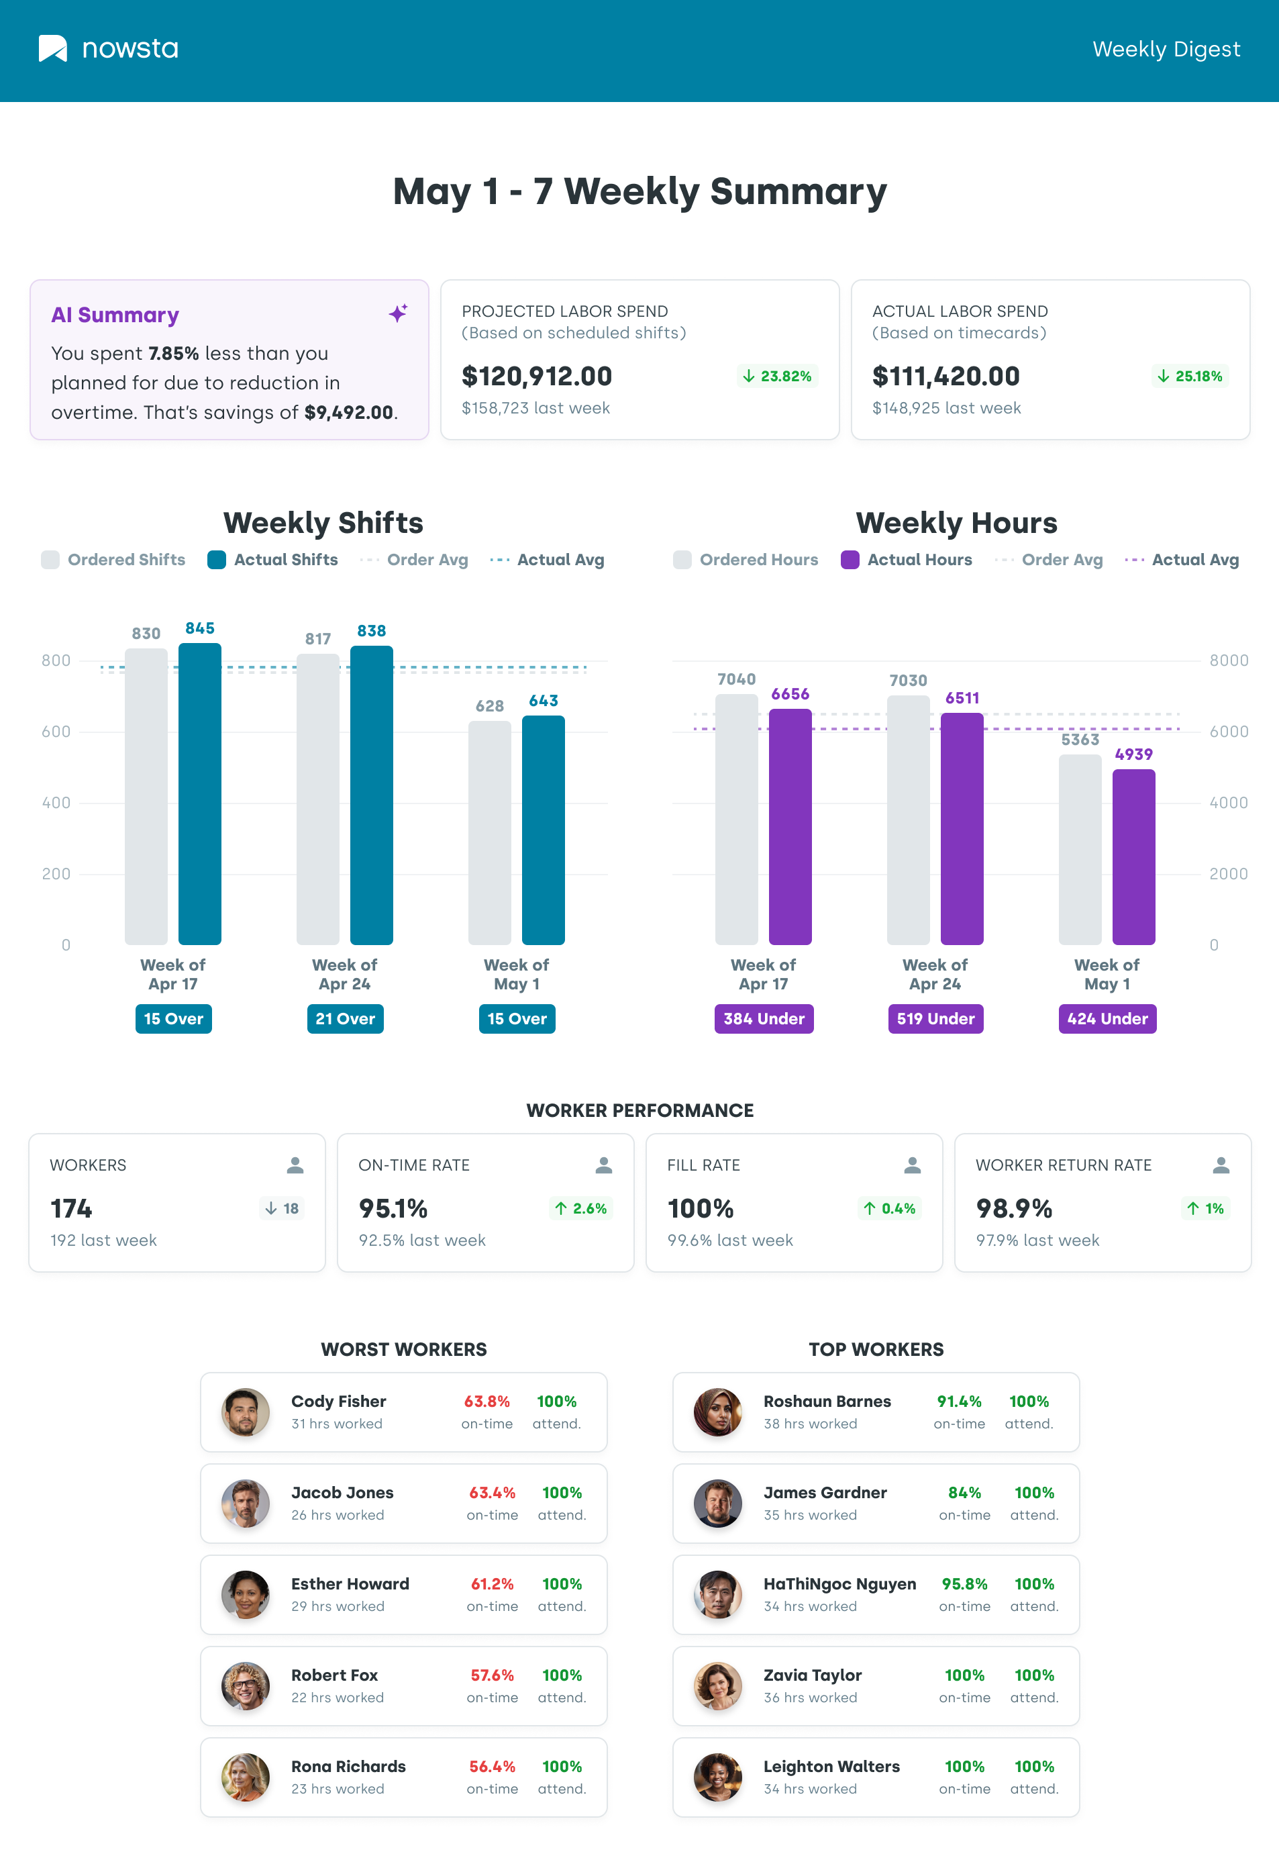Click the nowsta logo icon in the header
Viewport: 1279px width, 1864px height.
[53, 48]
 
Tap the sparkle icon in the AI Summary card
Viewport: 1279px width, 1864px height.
[398, 313]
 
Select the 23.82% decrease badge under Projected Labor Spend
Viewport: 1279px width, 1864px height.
[777, 376]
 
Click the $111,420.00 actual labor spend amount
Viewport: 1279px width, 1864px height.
[945, 376]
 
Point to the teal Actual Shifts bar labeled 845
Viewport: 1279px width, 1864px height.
[200, 794]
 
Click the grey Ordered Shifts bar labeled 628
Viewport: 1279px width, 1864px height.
[489, 832]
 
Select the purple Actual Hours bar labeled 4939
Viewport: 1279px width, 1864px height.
[1133, 856]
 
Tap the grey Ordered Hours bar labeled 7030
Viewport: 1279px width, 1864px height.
[908, 820]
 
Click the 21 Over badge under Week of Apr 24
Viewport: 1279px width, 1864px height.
[345, 1019]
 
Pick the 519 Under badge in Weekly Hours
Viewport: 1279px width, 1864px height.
[935, 1019]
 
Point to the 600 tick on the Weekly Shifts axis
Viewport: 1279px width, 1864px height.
[56, 732]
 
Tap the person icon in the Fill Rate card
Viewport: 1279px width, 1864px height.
[912, 1165]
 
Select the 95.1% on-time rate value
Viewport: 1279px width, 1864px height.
[393, 1208]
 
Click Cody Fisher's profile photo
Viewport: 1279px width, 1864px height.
[246, 1412]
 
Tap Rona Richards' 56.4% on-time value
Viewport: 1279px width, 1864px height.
[492, 1766]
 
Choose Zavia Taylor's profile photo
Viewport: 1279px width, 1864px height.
[718, 1685]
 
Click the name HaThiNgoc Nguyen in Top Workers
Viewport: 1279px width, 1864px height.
[839, 1584]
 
